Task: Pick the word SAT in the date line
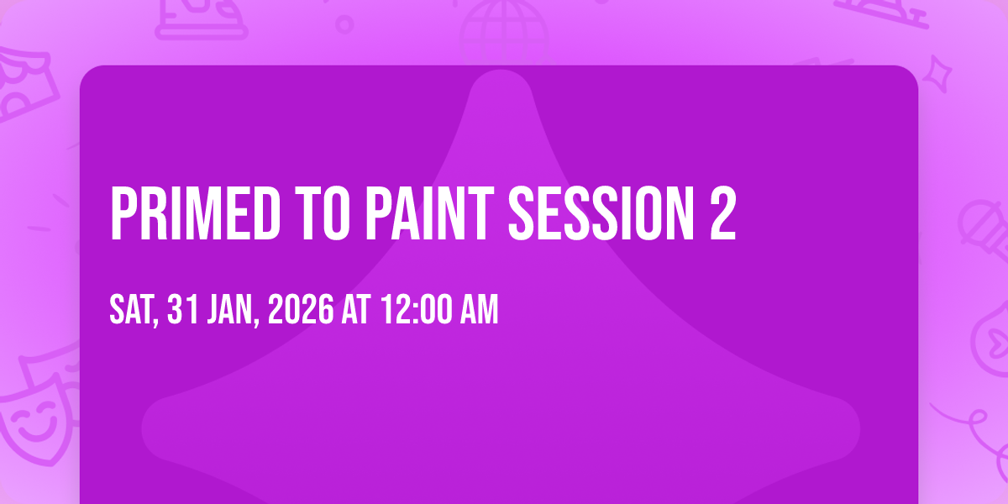132,310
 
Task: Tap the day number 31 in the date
182,310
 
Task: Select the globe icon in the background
504,29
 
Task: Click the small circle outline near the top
344,24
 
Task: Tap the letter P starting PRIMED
123,214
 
